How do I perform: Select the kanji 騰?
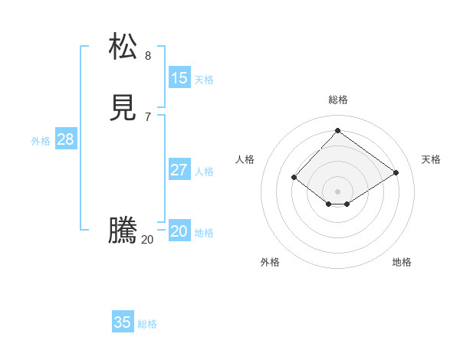(x=123, y=231)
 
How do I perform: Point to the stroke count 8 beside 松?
(x=148, y=55)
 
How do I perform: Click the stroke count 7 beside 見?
(x=148, y=117)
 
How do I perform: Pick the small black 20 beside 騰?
(x=147, y=239)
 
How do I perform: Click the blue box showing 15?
(x=179, y=77)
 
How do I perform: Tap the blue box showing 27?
(x=179, y=169)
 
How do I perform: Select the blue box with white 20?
(x=179, y=231)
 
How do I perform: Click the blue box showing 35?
(x=123, y=322)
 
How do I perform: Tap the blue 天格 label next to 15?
(x=204, y=80)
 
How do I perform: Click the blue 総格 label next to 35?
(x=147, y=324)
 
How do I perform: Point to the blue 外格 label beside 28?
(x=41, y=141)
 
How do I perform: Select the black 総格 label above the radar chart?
(x=338, y=100)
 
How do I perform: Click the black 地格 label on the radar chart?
(x=402, y=262)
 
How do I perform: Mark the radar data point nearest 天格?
(x=396, y=173)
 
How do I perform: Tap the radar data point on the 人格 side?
(x=294, y=178)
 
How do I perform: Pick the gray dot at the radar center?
(x=337, y=191)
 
